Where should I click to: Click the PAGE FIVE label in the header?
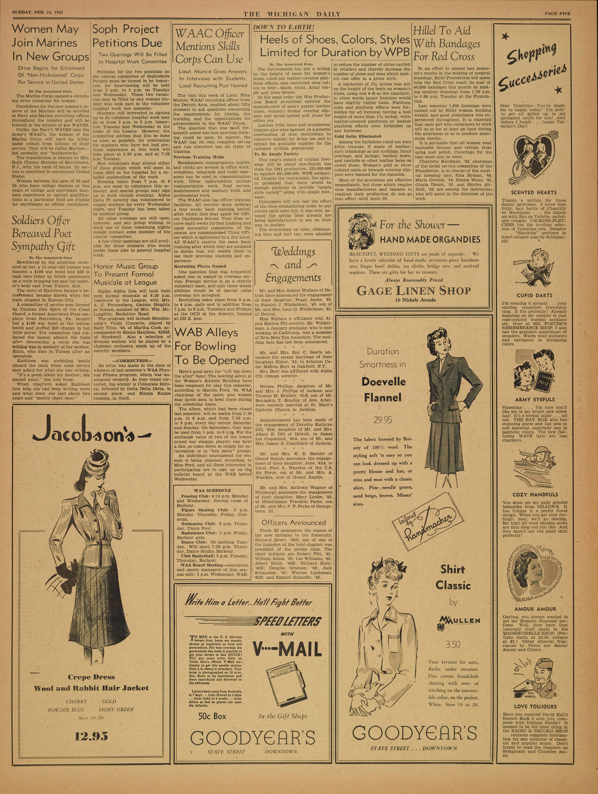coord(557,14)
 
